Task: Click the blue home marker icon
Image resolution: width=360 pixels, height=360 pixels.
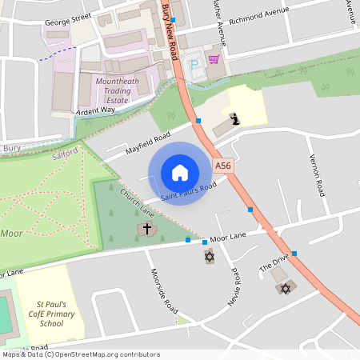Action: tap(180, 173)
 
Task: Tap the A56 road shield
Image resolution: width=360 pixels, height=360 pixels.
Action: tap(223, 165)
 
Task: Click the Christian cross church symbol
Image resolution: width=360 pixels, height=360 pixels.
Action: tap(146, 230)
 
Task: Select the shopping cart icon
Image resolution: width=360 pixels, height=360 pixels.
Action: tap(214, 59)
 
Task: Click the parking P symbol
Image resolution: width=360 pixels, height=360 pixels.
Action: tap(194, 62)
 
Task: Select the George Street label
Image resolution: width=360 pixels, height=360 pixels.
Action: tap(67, 24)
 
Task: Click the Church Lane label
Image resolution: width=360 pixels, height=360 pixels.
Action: tap(137, 203)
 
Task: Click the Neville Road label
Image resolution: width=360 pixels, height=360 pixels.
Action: tap(236, 286)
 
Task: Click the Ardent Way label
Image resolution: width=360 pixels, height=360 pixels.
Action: tap(97, 111)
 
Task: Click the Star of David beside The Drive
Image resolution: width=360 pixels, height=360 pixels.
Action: tap(283, 288)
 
